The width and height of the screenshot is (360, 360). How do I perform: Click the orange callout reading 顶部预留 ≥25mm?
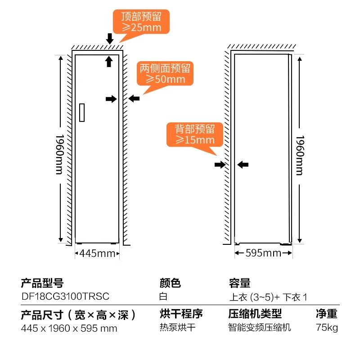[141, 22]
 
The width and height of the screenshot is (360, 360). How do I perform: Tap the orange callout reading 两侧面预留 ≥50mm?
[165, 74]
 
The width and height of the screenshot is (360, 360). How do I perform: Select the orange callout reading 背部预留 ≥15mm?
[195, 135]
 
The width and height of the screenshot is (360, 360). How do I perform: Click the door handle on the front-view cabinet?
[81, 112]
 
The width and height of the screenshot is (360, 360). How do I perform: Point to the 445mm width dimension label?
[97, 253]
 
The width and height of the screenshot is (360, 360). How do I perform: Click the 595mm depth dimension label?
[263, 253]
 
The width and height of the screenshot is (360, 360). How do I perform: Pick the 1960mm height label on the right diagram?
[300, 155]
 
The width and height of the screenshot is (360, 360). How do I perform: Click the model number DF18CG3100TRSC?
[65, 297]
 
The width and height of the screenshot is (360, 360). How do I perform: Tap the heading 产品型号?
[42, 283]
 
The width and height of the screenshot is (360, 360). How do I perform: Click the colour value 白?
[163, 297]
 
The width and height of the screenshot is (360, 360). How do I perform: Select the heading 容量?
[239, 283]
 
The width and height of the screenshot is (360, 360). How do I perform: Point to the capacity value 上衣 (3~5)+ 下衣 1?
[268, 297]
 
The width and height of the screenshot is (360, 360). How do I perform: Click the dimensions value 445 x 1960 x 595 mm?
[69, 328]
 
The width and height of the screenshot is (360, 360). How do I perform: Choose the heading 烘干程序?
[181, 314]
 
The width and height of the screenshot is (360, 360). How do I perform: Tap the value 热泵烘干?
[178, 327]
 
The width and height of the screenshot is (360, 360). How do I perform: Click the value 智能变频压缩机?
[260, 327]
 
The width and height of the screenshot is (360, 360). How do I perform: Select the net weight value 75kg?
[327, 327]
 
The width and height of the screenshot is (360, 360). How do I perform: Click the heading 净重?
[327, 314]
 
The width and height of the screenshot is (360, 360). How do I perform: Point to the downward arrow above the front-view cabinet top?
[109, 39]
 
